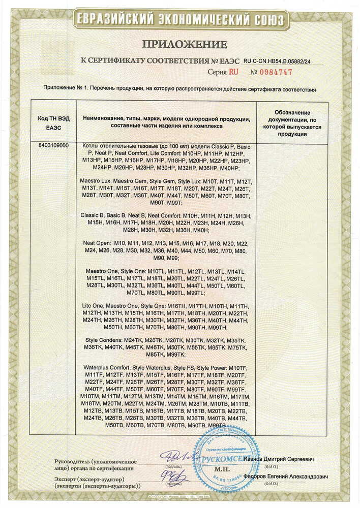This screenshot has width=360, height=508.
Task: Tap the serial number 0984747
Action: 276,72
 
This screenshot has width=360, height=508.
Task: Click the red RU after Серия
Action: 233,72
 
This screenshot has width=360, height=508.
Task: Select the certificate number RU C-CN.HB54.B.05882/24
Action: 288,60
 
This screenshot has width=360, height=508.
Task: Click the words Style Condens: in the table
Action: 102,340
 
